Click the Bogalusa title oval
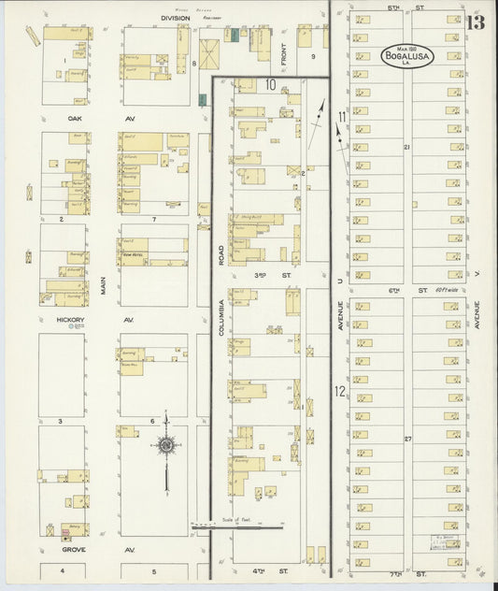406,54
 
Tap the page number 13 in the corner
477,22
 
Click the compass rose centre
166,446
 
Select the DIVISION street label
174,18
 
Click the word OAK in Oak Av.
75,119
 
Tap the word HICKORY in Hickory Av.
70,320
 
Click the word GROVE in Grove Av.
74,549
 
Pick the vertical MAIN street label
104,284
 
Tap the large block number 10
270,85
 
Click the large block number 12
340,391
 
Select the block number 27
406,438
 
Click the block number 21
406,147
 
